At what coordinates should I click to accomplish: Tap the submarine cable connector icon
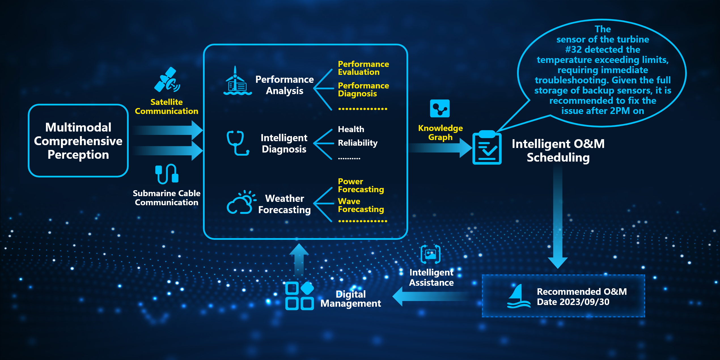click(167, 173)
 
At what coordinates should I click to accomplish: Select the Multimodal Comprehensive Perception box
click(78, 141)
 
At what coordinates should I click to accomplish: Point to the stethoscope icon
click(238, 143)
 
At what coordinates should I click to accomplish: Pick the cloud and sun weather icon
click(241, 202)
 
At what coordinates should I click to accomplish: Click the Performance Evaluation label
click(363, 68)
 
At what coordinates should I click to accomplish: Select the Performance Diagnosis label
click(363, 90)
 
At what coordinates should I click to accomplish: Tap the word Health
click(351, 129)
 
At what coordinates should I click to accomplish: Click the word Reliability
click(357, 143)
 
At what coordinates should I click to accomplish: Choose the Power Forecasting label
click(361, 185)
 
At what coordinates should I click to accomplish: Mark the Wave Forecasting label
click(361, 205)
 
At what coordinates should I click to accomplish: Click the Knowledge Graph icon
click(440, 108)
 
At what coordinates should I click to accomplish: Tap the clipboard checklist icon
click(487, 148)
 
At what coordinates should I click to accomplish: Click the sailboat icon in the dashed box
click(518, 296)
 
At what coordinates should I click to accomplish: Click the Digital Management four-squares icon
click(299, 296)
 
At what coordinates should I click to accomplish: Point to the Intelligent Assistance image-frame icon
click(430, 254)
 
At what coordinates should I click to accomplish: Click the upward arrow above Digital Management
click(299, 258)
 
